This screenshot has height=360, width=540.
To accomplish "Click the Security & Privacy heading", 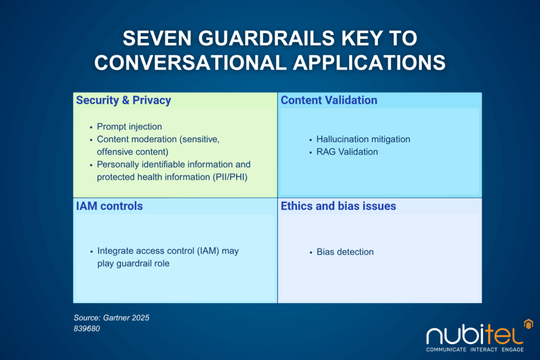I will click(x=123, y=100).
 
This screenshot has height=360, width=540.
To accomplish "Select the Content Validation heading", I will click(x=329, y=100).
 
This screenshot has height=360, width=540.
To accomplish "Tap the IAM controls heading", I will click(x=109, y=206).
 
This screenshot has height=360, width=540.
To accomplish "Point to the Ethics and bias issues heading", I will click(x=338, y=206).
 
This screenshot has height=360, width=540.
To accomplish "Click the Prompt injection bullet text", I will click(x=129, y=127).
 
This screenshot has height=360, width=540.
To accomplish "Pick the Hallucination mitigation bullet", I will click(x=363, y=139).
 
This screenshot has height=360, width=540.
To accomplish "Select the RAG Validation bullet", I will click(x=347, y=152).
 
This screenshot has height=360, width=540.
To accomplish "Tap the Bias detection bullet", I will click(x=345, y=252).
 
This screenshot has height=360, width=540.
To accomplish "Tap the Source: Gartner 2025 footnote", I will click(x=112, y=318).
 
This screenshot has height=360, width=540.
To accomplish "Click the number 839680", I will click(x=87, y=328).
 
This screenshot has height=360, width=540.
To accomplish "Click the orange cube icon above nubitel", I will click(x=526, y=323).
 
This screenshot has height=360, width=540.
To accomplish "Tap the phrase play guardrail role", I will click(x=133, y=264).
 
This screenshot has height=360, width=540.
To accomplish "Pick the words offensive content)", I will click(x=132, y=152).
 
